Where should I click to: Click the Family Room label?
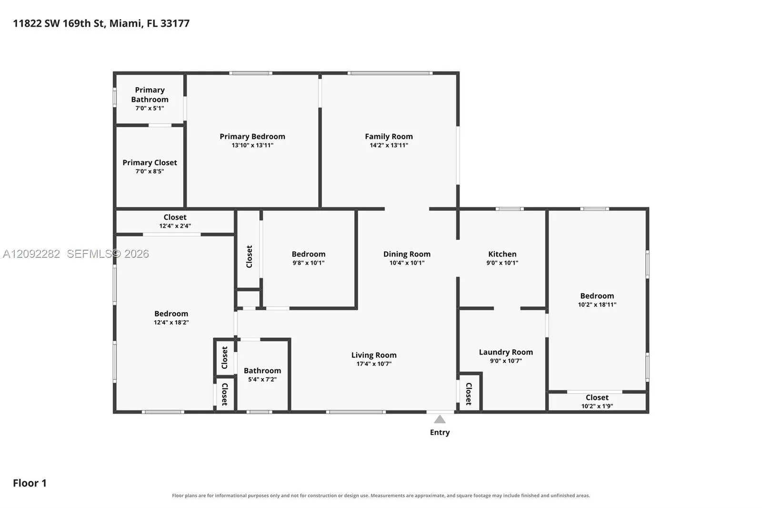[389, 137]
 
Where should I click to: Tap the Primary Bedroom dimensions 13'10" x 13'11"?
[252, 145]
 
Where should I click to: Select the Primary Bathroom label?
[150, 95]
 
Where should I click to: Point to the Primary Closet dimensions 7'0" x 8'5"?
[150, 171]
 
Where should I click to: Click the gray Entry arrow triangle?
[440, 419]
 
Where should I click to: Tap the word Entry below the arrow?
[440, 432]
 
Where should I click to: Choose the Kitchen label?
[502, 254]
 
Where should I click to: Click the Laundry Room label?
[506, 352]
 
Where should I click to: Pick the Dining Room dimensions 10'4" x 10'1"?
[407, 263]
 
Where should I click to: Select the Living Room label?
[374, 355]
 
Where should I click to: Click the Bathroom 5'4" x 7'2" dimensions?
[262, 380]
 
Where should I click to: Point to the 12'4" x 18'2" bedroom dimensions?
[171, 323]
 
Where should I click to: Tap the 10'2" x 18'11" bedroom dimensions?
[597, 305]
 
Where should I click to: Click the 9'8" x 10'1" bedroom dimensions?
[309, 263]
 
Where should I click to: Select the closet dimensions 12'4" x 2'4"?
[175, 226]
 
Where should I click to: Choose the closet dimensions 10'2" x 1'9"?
[597, 406]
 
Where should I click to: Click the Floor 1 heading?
[30, 483]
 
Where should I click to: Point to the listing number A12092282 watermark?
[31, 254]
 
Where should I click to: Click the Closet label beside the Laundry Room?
[469, 394]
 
